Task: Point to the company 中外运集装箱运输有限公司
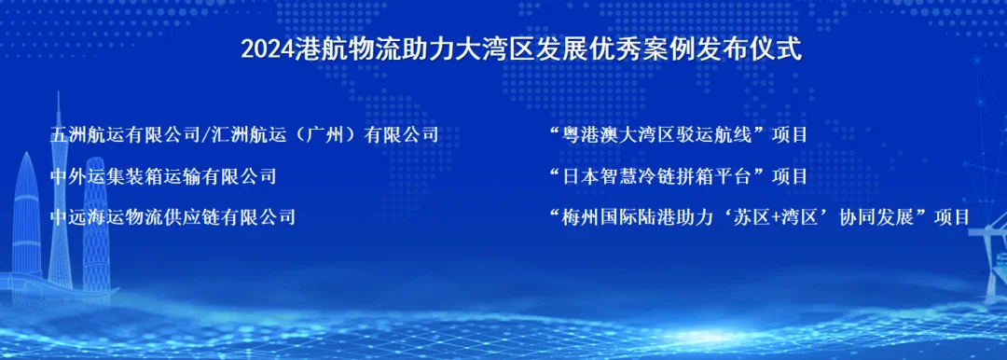pos(163,176)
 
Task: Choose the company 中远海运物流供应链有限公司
pos(172,217)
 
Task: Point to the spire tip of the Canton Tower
pos(59,92)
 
